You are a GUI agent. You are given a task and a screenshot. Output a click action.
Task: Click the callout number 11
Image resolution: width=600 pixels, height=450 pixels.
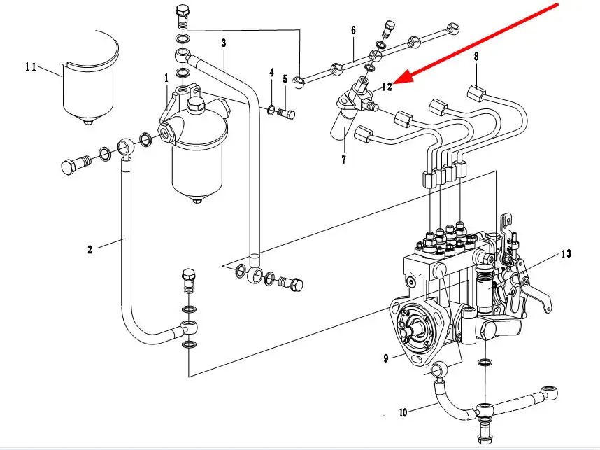[31, 67]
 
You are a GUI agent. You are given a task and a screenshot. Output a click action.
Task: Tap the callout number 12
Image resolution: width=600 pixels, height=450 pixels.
[387, 87]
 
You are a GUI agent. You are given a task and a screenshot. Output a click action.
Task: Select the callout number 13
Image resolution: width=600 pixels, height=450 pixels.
[566, 253]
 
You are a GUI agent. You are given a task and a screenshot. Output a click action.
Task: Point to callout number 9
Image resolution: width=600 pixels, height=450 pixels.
[385, 359]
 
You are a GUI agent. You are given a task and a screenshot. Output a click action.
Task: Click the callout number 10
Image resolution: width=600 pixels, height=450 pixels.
[403, 413]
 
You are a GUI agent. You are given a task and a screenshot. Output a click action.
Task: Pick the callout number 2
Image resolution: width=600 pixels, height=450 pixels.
[90, 249]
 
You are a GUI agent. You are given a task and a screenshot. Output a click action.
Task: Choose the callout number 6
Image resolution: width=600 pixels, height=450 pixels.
[353, 30]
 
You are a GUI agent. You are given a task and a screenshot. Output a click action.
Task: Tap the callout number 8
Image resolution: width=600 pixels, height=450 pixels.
[476, 56]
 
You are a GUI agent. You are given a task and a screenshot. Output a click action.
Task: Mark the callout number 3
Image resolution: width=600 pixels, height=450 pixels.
[223, 43]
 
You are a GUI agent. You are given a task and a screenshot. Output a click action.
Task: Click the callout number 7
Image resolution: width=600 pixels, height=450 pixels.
[343, 160]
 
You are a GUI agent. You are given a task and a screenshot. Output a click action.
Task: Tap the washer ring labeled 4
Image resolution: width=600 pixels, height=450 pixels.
[271, 108]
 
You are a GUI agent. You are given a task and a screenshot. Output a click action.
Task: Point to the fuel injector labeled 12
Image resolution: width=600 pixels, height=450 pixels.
[353, 105]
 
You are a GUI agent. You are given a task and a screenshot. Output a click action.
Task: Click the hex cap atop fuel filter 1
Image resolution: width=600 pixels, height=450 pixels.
[197, 106]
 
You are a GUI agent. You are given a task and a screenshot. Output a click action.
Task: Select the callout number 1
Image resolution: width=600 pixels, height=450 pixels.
[166, 78]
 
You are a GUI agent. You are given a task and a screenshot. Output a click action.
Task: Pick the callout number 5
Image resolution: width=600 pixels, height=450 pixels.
[285, 79]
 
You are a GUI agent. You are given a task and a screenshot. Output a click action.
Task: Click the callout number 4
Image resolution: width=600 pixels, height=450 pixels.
[271, 73]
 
